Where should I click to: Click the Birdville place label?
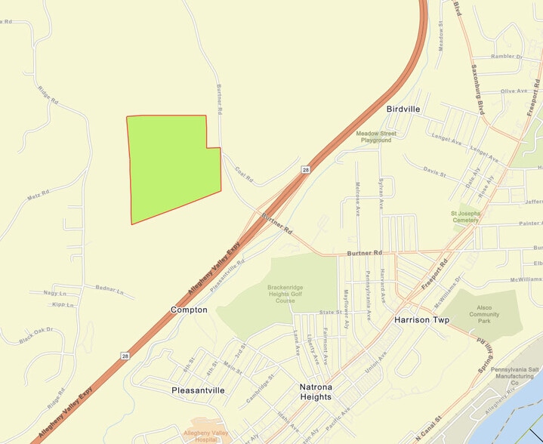coord(403,109)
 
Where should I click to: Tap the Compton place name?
coord(189,310)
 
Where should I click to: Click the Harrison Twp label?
coord(421,320)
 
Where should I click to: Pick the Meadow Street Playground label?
coord(376,137)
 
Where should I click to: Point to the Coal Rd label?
coord(242,175)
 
